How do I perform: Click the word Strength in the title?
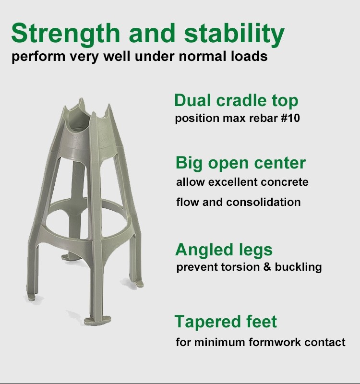coord(66,34)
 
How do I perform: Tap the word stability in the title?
coord(234,34)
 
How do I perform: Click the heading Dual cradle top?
coord(236,101)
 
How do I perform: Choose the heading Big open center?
coord(241,163)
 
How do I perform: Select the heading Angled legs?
coord(224,250)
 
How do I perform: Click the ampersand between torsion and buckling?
coord(267,267)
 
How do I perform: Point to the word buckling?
coord(298,267)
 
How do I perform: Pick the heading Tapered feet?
coord(226,321)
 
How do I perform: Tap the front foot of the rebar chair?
coord(97,320)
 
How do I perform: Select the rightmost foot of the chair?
coord(138,283)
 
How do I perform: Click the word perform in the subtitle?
coord(38,57)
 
